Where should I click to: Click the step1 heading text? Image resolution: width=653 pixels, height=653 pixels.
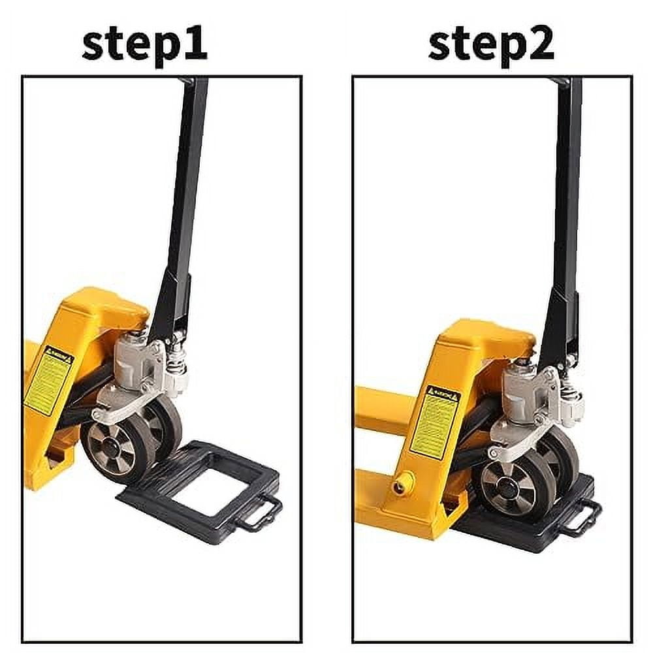144,44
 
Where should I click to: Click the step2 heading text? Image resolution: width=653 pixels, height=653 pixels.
490,44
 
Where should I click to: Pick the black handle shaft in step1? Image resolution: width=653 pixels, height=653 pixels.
186,196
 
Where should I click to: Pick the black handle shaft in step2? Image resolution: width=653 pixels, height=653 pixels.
565,196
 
